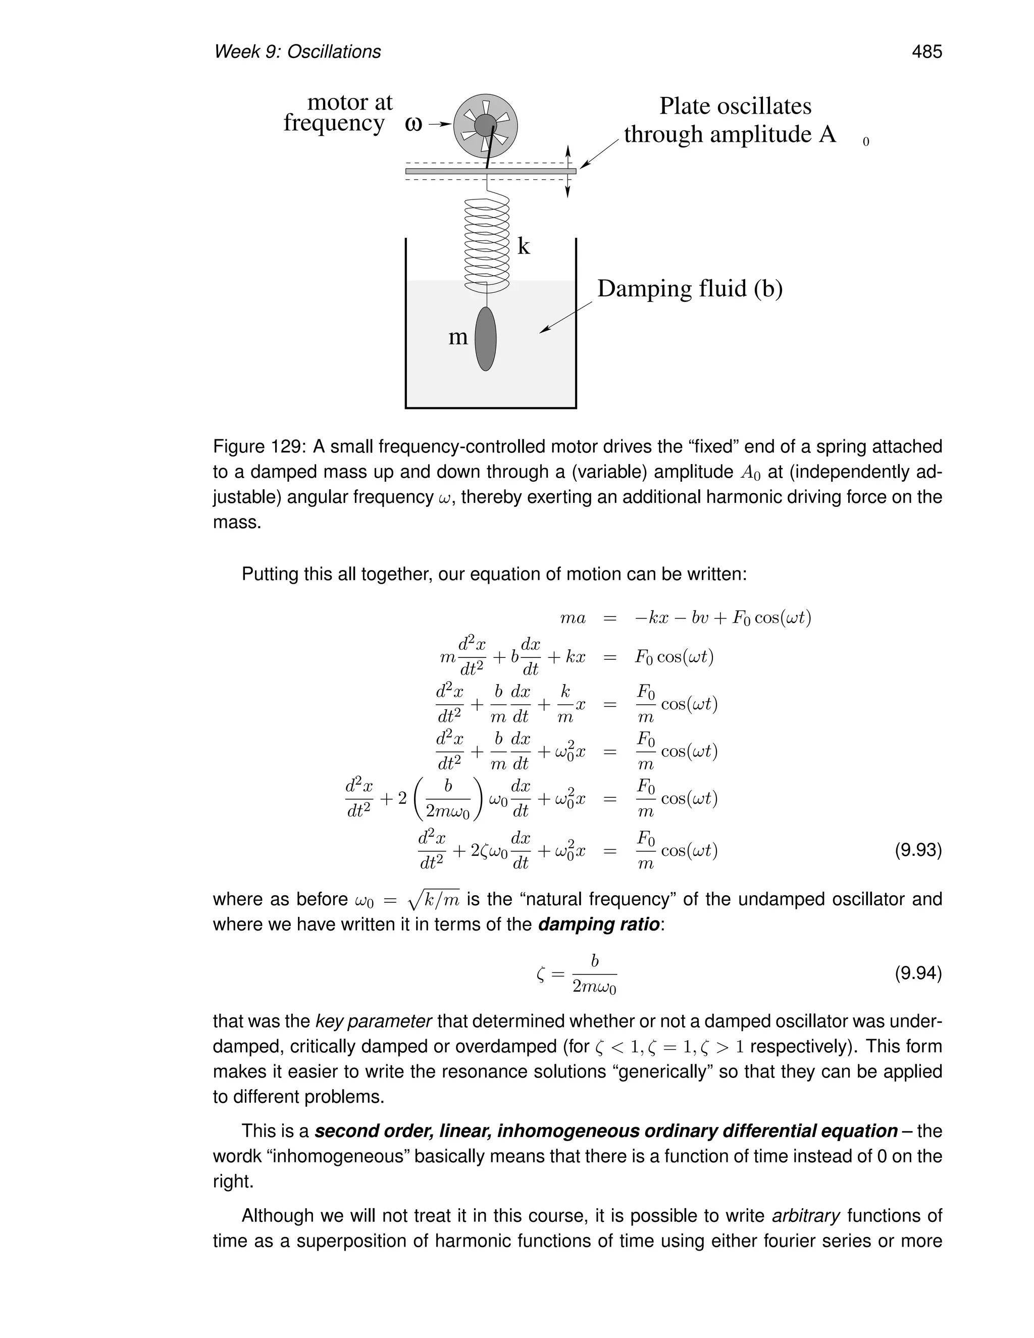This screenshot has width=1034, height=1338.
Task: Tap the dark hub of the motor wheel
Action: (x=485, y=126)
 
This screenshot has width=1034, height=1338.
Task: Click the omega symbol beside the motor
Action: (x=414, y=124)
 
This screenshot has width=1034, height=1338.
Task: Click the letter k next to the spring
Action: (x=523, y=246)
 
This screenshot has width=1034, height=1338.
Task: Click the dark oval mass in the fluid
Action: (x=486, y=339)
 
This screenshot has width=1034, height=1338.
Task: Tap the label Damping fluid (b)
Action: (x=690, y=288)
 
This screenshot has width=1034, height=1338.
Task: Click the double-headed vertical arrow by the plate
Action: (x=567, y=172)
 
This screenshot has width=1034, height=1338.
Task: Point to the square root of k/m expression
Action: (x=433, y=899)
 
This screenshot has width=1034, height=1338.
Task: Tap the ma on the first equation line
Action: (x=573, y=619)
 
